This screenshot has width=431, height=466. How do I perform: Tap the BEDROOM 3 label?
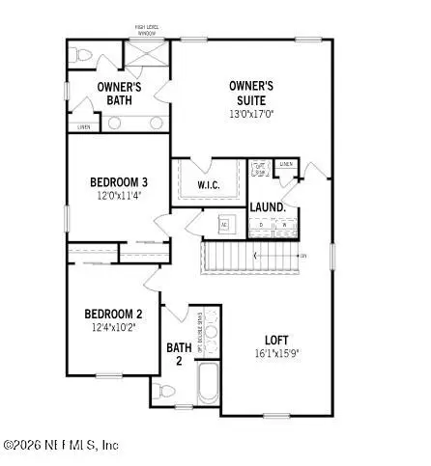coord(119,182)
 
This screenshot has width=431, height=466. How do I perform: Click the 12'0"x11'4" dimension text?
coord(119,197)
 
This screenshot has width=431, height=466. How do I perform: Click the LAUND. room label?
coord(266,207)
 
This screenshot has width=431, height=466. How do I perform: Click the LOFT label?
coord(277,340)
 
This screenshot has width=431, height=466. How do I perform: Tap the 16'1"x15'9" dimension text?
coord(277,354)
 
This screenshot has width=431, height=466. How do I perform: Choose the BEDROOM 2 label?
coord(112,314)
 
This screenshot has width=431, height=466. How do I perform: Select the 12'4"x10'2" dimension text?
coord(112,328)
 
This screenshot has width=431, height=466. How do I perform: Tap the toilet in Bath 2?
coord(164,393)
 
